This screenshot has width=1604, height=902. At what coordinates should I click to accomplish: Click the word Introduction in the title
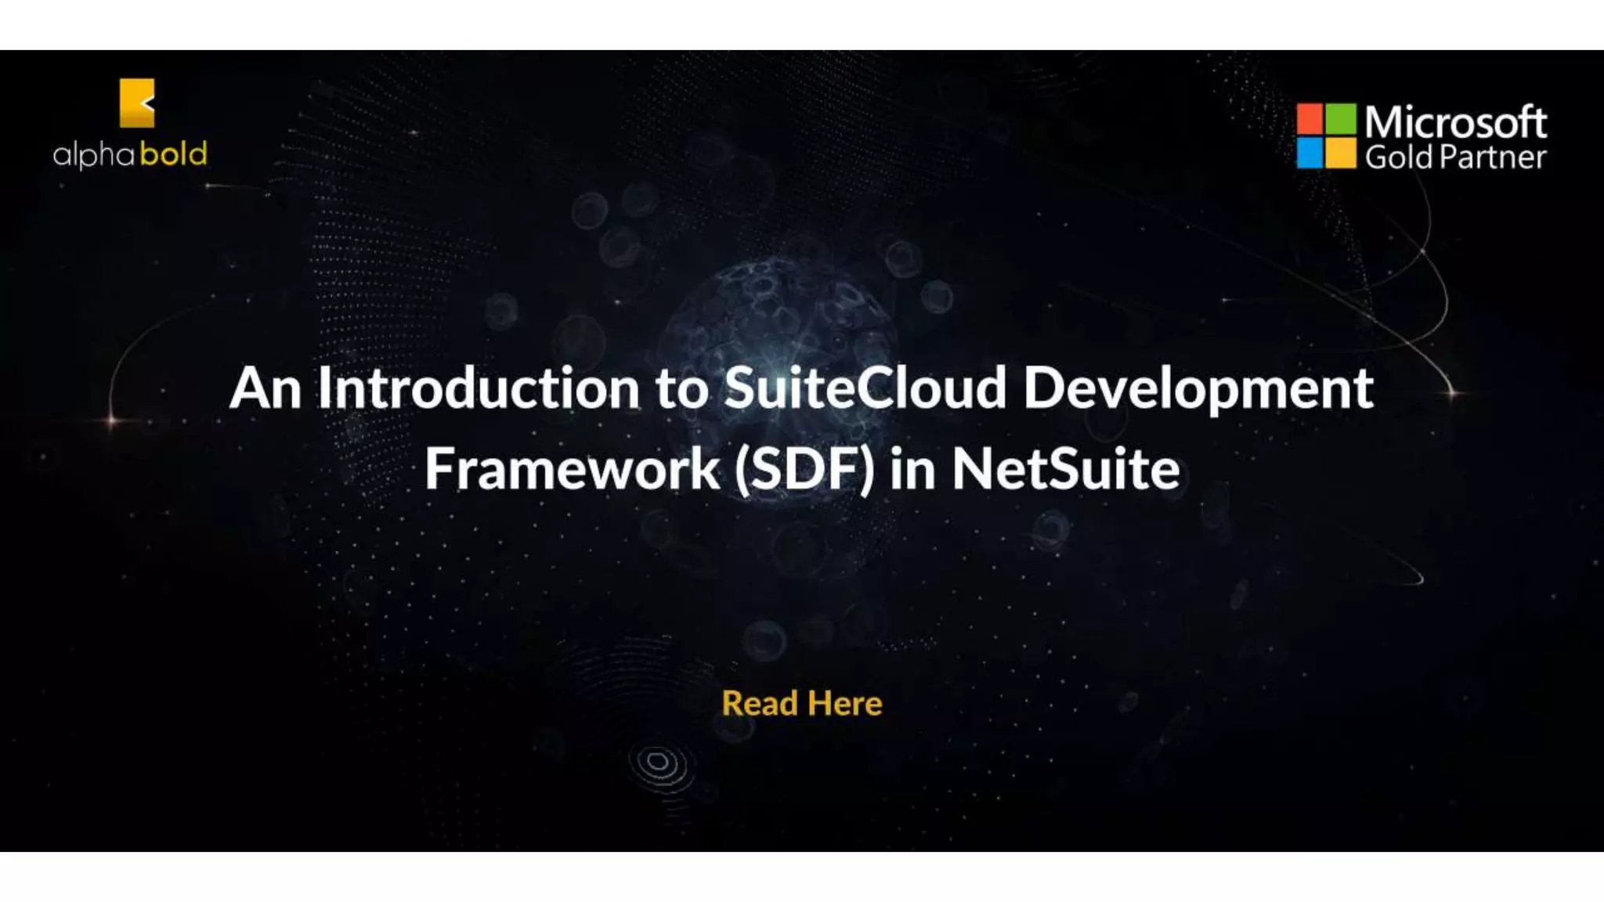478,388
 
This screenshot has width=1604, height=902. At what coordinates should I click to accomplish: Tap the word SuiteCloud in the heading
865,388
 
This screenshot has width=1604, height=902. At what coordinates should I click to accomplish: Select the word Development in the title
1198,390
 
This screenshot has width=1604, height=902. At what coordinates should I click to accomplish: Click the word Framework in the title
572,469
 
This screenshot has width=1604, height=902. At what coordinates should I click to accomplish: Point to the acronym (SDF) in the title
804,469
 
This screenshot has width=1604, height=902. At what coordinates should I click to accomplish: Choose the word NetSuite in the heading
1065,469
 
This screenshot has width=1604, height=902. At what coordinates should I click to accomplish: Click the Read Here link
802,703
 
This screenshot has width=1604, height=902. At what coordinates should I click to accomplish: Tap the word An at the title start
265,388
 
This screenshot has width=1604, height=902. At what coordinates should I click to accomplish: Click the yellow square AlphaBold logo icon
137,103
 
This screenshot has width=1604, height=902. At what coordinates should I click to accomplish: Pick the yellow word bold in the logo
173,153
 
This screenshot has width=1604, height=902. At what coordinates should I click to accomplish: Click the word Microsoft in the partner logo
1455,122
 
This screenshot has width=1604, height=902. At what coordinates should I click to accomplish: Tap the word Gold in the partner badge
1398,157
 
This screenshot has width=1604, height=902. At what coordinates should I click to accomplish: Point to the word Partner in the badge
1494,157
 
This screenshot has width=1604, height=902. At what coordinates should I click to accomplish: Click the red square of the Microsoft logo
1310,118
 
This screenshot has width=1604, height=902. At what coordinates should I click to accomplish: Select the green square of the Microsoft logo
1341,118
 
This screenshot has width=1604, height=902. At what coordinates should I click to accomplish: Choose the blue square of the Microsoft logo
1310,153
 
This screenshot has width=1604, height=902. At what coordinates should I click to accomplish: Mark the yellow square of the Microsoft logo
1341,153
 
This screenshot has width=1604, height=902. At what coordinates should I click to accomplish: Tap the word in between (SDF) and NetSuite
912,469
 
